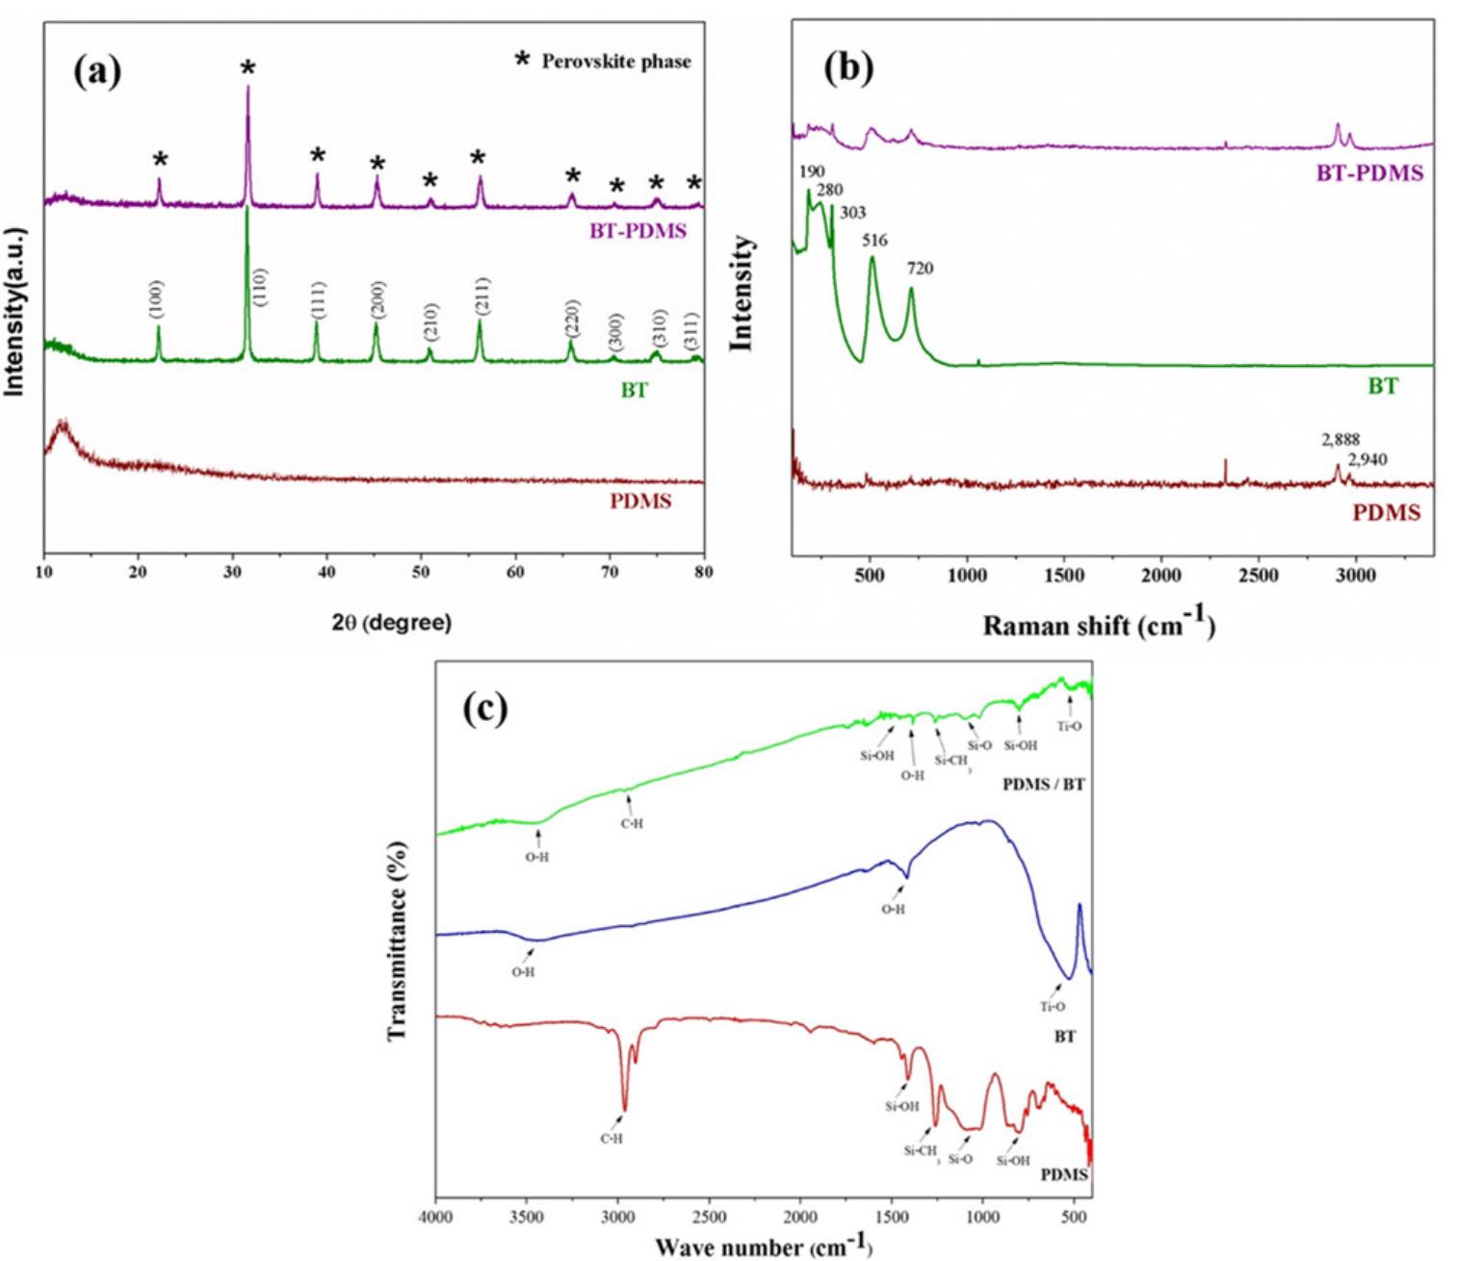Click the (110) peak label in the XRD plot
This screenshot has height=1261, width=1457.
(x=259, y=288)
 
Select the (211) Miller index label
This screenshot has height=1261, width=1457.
(x=481, y=296)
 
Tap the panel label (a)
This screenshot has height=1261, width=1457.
(x=98, y=71)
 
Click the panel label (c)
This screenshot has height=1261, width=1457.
(x=484, y=708)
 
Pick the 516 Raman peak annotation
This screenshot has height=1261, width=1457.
(x=874, y=241)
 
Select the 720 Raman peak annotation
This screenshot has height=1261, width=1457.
(x=920, y=269)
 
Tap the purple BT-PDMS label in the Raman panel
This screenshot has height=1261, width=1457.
(x=1368, y=174)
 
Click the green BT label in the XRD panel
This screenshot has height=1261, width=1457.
(x=634, y=391)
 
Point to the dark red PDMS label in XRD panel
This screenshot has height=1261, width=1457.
(x=639, y=502)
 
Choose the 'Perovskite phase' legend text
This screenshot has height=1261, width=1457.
(x=615, y=62)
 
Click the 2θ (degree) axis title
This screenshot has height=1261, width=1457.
(x=391, y=623)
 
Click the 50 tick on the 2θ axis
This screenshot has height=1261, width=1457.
(x=421, y=573)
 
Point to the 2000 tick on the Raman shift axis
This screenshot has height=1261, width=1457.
(x=1160, y=576)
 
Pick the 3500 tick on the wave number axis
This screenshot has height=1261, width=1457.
(x=526, y=1217)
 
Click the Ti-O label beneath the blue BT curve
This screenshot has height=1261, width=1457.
(x=1052, y=1007)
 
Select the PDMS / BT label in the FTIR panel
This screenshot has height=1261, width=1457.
(x=1043, y=785)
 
